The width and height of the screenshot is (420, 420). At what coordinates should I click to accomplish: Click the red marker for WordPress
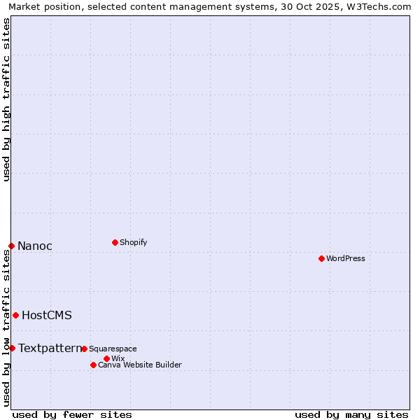(x=321, y=258)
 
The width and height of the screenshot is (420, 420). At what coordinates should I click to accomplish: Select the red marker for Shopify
(x=115, y=242)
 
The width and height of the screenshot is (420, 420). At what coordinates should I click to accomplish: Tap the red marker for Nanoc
(x=11, y=246)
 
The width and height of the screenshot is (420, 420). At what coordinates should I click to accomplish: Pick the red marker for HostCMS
(x=15, y=315)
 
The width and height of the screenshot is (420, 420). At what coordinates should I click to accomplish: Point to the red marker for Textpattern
(x=12, y=348)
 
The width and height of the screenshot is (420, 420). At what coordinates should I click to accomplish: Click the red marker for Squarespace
(x=84, y=349)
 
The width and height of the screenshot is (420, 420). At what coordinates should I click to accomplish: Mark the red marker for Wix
(x=106, y=358)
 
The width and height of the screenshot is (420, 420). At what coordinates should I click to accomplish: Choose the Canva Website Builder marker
(x=93, y=365)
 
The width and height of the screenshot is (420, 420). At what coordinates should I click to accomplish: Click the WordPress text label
(x=346, y=258)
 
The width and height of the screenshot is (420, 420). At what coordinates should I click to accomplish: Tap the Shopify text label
(x=134, y=242)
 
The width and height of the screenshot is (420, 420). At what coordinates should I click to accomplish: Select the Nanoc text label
(x=35, y=246)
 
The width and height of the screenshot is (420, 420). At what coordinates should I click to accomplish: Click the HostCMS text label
(x=47, y=315)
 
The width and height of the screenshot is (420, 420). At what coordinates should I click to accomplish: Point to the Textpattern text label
(x=50, y=348)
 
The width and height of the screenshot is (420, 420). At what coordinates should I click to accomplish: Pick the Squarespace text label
(x=113, y=349)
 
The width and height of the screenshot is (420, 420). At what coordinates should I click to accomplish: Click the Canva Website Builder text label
(x=140, y=365)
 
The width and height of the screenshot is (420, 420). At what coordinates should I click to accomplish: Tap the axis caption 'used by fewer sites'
(x=72, y=414)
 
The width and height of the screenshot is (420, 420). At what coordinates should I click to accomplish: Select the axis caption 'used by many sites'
(x=351, y=414)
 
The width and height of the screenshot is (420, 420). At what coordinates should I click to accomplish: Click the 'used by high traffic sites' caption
(x=6, y=99)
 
